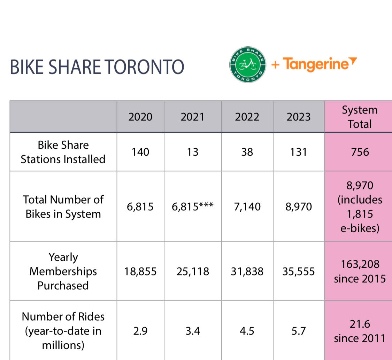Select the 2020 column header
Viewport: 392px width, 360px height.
pos(140,117)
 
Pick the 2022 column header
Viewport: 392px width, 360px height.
pos(247,117)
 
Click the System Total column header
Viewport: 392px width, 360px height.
pos(359,117)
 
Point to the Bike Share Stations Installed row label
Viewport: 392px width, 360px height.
pos(63,152)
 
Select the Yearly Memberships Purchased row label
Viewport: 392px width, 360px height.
pos(63,271)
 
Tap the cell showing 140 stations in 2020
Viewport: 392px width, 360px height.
pos(140,152)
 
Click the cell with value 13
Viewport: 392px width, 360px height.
pos(192,152)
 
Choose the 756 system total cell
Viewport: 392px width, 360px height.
pos(359,152)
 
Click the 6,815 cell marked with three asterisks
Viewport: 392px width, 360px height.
pos(192,207)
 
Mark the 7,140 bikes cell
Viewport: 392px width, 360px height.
pos(247,207)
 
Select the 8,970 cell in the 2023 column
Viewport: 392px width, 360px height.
pos(299,207)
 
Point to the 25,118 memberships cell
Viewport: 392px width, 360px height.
pos(192,271)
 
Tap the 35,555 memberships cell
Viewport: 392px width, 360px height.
pos(299,271)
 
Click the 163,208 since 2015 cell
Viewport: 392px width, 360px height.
pos(359,271)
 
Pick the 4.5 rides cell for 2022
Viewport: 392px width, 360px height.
pos(247,331)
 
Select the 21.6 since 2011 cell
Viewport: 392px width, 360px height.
pos(359,331)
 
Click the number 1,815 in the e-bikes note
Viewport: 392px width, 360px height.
pos(359,214)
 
